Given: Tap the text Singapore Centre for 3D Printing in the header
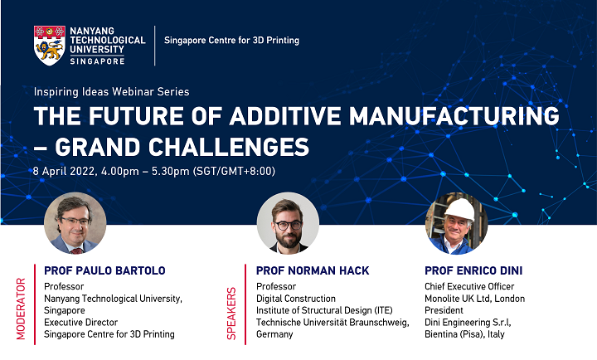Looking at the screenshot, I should [231, 41].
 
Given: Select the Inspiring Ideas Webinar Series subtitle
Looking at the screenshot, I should [111, 91].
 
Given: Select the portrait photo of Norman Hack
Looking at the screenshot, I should [288, 223].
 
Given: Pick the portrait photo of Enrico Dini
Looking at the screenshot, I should [456, 223].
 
